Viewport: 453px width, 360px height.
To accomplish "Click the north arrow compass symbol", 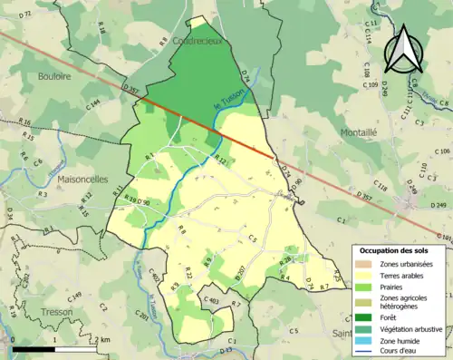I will (x=405, y=49).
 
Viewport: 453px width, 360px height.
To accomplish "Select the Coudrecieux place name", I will (x=190, y=41).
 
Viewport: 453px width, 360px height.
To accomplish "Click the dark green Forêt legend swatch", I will (x=364, y=317).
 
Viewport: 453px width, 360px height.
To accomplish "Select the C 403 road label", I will (x=212, y=300).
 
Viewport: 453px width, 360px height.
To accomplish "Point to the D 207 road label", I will (x=240, y=273).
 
